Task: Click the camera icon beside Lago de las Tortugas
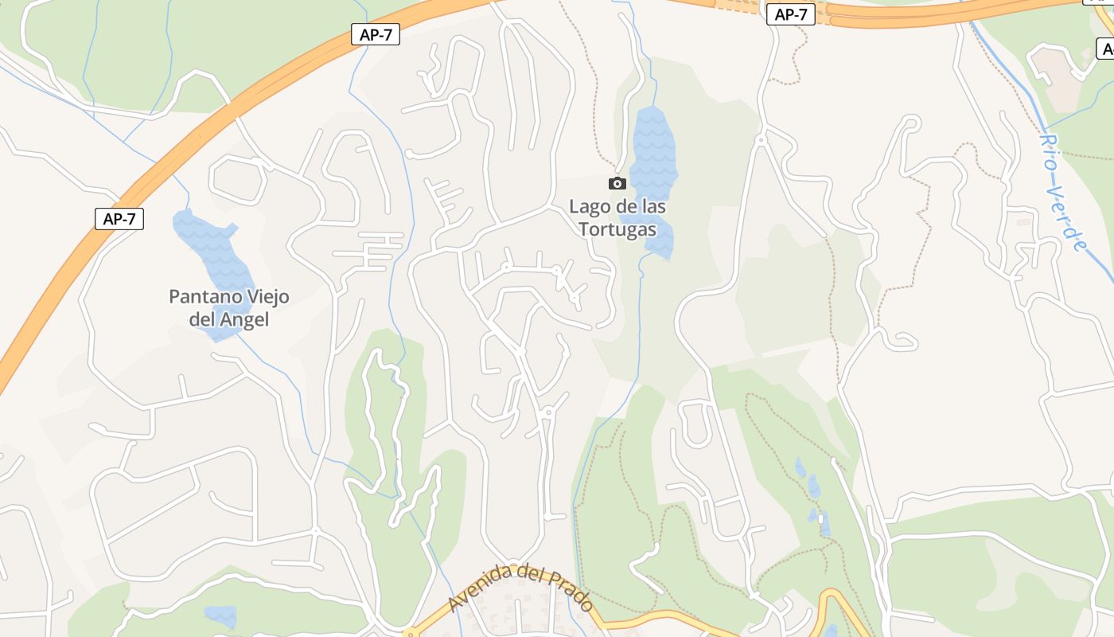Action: coord(617,184)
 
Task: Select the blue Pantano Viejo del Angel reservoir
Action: coord(208,247)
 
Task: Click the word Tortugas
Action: coord(617,229)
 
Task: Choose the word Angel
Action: coord(245,320)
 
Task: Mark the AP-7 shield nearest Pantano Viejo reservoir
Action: coord(119,219)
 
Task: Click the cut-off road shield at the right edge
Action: coord(1107,49)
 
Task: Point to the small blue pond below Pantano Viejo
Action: coord(220,616)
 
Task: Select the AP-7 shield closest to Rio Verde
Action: coord(791,14)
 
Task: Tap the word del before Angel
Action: coord(204,320)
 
